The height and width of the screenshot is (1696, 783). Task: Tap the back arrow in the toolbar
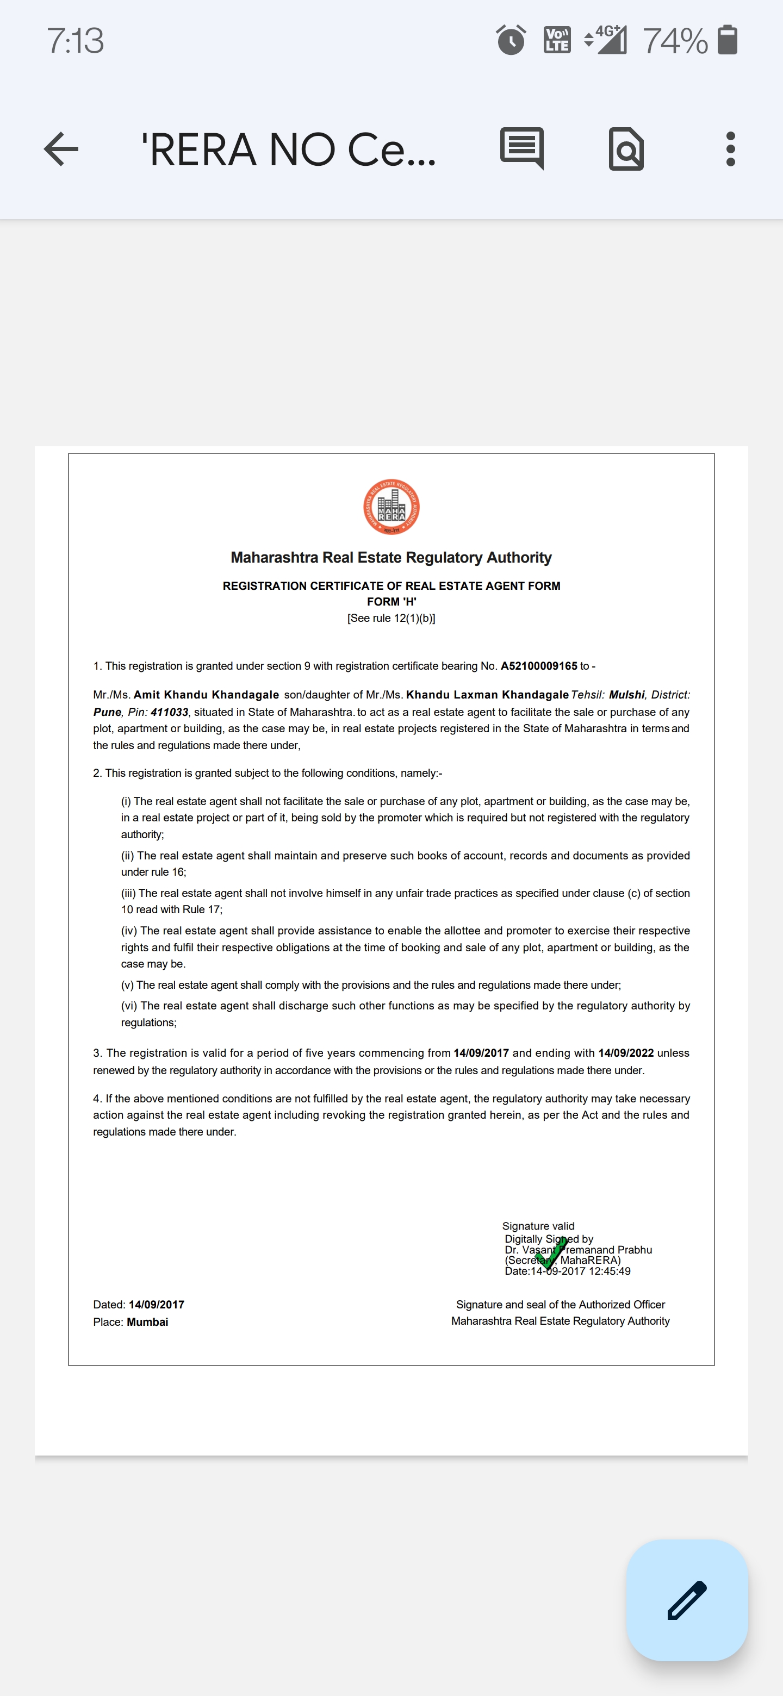click(61, 149)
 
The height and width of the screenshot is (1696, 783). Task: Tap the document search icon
click(626, 149)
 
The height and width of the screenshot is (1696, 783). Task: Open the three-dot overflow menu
click(730, 149)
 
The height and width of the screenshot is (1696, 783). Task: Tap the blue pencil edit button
click(687, 1600)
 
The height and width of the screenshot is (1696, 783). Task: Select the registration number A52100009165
click(539, 666)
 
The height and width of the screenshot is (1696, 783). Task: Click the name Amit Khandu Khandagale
click(206, 695)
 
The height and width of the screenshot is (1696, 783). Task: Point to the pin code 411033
click(169, 712)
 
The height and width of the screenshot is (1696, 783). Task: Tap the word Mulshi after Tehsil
click(626, 695)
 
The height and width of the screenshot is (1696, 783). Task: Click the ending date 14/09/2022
click(626, 1053)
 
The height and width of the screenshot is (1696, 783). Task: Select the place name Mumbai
click(147, 1321)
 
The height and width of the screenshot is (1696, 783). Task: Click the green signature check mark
click(550, 1253)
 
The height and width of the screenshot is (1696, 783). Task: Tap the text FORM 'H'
click(391, 601)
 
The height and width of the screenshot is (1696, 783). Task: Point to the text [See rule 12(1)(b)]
click(391, 618)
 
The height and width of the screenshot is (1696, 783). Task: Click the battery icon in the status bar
click(727, 40)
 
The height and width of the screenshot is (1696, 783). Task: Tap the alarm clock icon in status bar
click(511, 40)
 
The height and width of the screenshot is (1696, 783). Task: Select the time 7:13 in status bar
click(75, 41)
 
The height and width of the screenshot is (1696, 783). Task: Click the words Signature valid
click(538, 1226)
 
